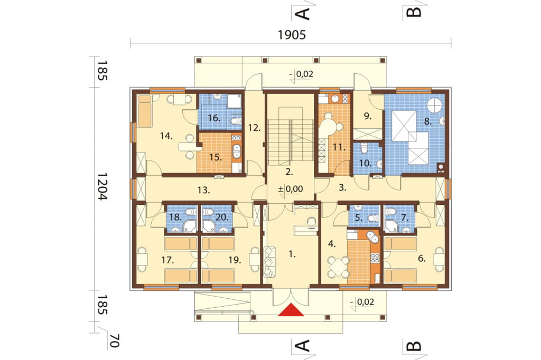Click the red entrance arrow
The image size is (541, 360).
point(291,310)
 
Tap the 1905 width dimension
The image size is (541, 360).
point(292,35)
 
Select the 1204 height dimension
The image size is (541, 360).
point(102,186)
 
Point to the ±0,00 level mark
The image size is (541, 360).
point(291,188)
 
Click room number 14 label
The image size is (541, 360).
point(166,136)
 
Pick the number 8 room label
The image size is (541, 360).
point(428,121)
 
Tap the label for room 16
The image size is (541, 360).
point(214,118)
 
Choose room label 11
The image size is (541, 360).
point(339,147)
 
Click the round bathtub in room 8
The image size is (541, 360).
point(435,105)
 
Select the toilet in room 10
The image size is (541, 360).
point(364,149)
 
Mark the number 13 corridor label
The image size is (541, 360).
point(204,190)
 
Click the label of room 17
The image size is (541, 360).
point(167,260)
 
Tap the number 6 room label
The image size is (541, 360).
point(422,258)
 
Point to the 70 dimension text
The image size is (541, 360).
point(115,340)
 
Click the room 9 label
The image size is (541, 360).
point(368,116)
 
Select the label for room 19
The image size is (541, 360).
point(235,260)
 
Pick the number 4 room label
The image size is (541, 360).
point(332,244)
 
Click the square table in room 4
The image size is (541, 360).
point(339,267)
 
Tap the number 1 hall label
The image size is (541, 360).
point(292,254)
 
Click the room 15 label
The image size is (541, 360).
point(216,157)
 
